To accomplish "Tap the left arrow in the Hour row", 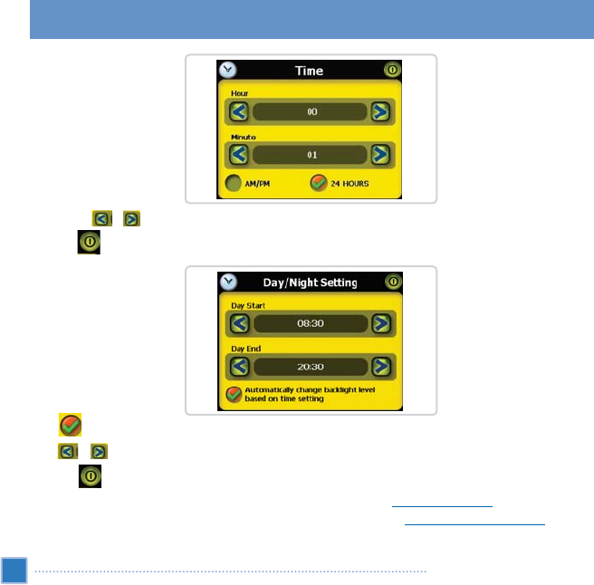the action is tap(237, 112).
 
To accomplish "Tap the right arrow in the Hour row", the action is tap(381, 112).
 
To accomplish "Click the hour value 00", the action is tap(311, 112).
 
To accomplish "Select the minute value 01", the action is tap(311, 155).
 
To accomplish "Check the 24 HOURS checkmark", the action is tap(318, 184).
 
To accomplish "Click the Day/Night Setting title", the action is tap(311, 283).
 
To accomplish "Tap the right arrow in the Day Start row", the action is tap(381, 323).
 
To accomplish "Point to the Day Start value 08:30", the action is tap(311, 323).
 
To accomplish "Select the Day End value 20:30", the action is tap(311, 367).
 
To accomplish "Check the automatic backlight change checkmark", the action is tap(234, 394).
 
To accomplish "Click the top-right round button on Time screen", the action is tap(391, 70).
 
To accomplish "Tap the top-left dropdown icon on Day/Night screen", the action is tap(228, 282).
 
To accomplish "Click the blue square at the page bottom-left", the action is tap(14, 571).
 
